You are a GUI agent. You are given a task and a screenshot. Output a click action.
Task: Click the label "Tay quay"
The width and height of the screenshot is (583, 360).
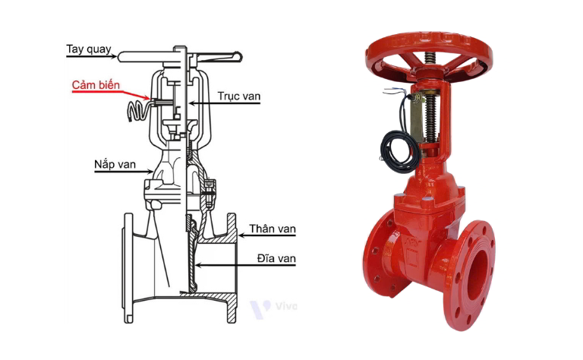pos(89,49)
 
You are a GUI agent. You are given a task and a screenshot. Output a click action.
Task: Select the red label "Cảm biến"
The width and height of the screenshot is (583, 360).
pos(96,85)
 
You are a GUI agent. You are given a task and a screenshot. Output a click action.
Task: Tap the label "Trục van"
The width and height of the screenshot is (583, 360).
pos(238,96)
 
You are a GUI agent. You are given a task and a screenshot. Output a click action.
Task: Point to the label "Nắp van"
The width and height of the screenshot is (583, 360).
pos(115,165)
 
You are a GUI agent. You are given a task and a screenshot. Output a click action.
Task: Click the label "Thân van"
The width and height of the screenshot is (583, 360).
pos(273,229)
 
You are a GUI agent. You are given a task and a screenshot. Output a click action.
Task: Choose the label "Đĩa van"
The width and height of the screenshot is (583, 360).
pos(276,258)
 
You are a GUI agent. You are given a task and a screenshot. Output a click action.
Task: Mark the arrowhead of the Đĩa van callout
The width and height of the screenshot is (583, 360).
pos(198,265)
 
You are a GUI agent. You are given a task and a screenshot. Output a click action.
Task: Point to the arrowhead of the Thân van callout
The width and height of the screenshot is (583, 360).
pos(241,235)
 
